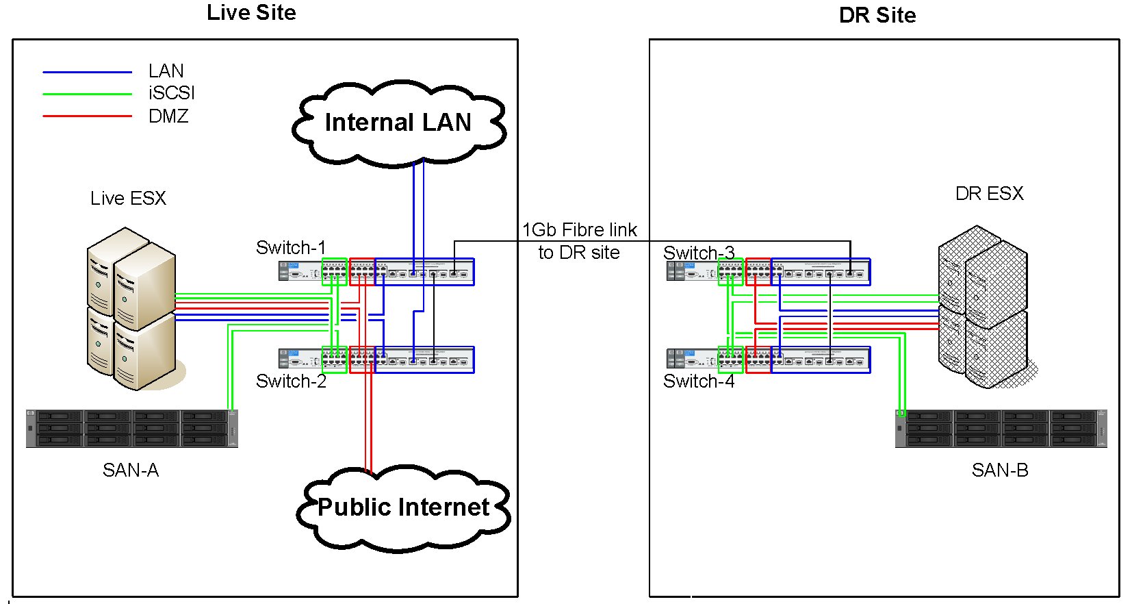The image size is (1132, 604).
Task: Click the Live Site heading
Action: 251,13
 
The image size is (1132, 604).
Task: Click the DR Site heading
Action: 877,15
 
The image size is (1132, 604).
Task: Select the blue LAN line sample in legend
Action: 87,72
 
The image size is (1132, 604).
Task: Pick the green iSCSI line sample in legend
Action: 87,94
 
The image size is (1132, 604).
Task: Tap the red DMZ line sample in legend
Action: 87,116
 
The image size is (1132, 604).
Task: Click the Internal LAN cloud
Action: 398,123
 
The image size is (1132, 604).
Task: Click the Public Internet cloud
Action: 403,507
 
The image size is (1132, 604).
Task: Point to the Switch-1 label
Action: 290,247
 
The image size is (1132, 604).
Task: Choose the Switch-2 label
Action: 290,381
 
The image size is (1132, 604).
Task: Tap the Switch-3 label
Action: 698,252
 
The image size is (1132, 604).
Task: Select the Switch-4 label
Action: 698,381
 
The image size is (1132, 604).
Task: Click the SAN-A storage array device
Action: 131,428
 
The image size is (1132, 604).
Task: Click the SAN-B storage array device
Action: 1001,428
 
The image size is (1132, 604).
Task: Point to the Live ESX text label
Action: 128,199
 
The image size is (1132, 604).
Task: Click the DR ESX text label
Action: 989,194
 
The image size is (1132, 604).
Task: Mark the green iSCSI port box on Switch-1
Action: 334,271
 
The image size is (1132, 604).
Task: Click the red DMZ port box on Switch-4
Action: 758,360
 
